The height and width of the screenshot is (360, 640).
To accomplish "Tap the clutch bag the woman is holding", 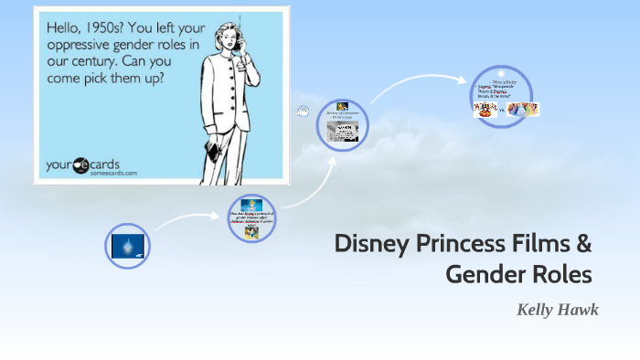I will pos(212,150).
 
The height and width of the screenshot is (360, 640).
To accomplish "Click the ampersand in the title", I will pos(583,244).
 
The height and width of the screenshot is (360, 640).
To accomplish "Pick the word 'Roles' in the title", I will pos(560,273).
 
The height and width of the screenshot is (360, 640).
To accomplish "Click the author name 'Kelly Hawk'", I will pos(557,310).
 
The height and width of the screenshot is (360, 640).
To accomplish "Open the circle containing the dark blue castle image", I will pos(127,246).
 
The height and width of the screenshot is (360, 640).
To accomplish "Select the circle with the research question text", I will pos(251,218).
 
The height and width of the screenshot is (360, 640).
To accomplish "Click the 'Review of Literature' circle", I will pos(342,124).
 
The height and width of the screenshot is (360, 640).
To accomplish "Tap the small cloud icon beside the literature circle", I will pos(303,111).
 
